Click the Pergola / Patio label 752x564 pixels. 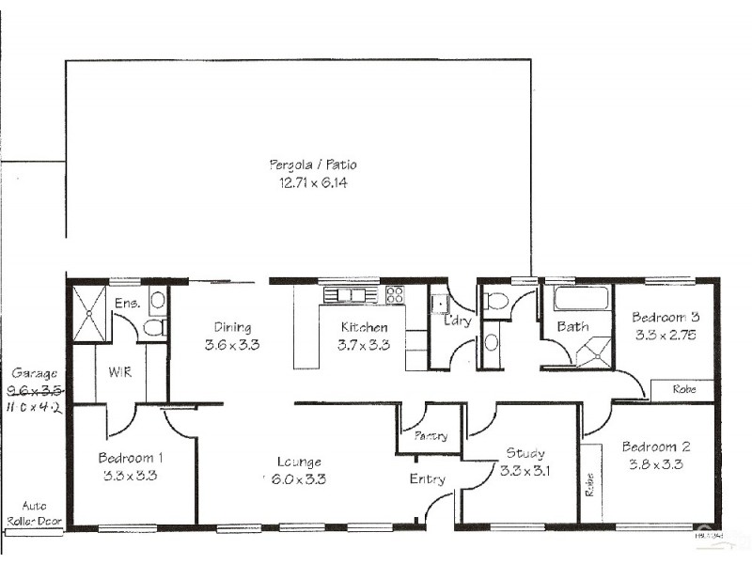point(313,165)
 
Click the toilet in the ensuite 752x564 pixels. point(157,301)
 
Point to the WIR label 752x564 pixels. point(119,372)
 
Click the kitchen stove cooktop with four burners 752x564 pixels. point(395,294)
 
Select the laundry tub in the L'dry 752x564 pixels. point(439,304)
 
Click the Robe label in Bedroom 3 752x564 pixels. point(685,388)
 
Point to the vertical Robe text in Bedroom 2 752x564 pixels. point(590,482)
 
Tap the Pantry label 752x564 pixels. point(430,436)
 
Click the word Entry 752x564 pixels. point(427,479)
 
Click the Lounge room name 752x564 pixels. point(299,462)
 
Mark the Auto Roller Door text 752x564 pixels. point(33,512)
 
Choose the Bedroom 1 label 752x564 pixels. point(131,458)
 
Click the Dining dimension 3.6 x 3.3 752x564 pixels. point(231,344)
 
